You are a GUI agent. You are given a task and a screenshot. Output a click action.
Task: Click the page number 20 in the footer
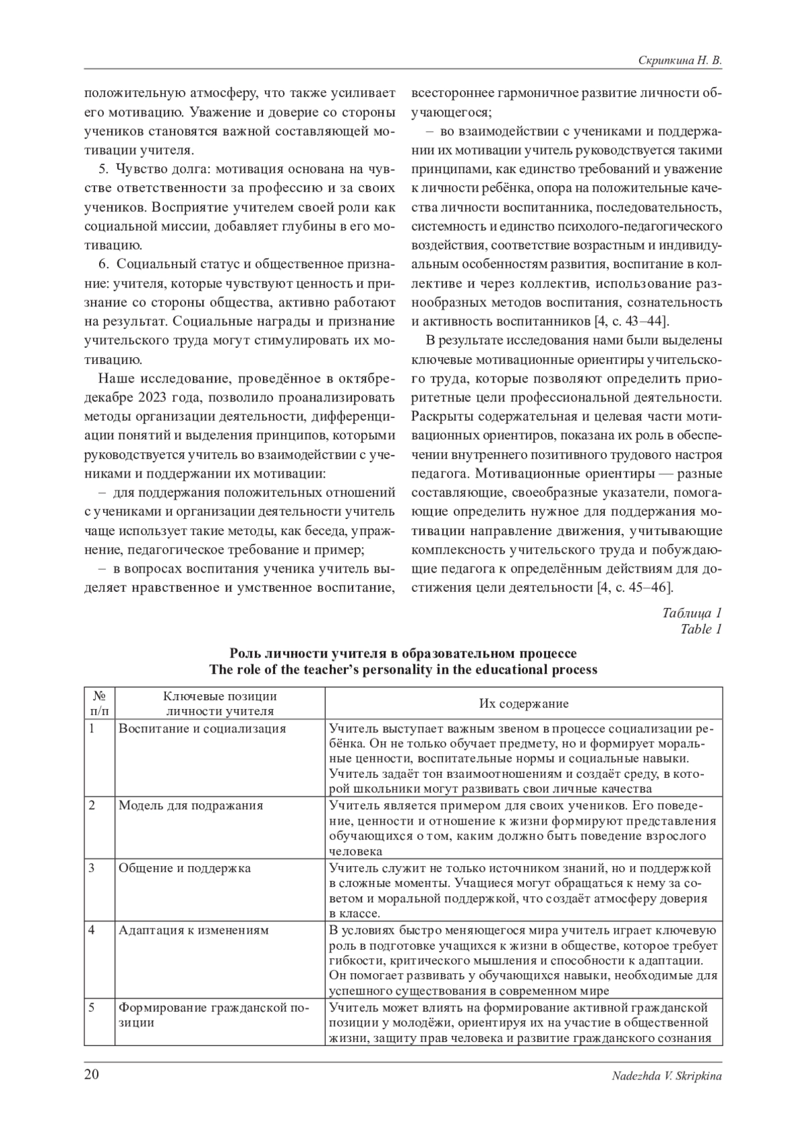[92, 1075]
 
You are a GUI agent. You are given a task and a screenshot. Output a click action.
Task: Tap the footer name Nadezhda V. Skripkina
[666, 1075]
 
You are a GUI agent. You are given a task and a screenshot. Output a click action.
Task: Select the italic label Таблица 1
[692, 613]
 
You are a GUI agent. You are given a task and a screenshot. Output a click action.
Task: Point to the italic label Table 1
[701, 629]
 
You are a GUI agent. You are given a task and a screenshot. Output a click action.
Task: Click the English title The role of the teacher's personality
[403, 669]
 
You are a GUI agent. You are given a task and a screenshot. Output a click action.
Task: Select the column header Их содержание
[523, 704]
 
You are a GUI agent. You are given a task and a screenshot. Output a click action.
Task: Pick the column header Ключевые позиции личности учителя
[220, 704]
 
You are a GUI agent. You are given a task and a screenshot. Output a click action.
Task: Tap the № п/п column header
[98, 704]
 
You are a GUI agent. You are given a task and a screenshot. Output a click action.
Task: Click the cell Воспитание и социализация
[202, 728]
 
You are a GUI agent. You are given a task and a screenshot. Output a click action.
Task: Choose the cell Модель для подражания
[191, 805]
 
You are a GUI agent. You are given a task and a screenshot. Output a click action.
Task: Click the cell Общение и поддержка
[185, 868]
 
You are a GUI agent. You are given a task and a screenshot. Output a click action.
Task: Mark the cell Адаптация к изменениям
[193, 930]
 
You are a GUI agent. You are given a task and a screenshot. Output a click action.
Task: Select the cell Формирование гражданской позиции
[213, 1015]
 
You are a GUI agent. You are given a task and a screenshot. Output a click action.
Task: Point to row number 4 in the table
[92, 930]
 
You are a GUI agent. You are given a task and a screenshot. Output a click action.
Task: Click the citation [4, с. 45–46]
[634, 588]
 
